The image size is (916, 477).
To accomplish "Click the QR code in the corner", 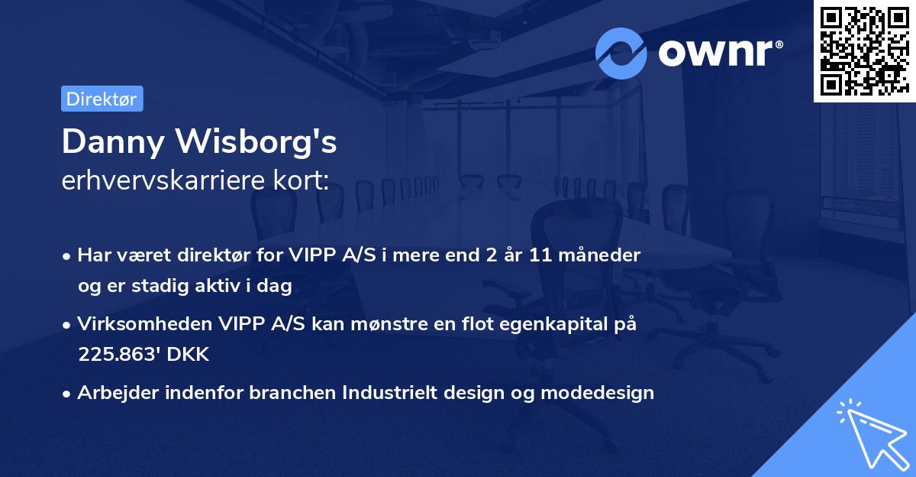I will click(x=864, y=50).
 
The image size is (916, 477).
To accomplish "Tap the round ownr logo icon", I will click(x=621, y=53).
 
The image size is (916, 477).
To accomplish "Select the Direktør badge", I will click(x=102, y=99).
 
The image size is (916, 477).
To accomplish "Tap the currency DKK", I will click(x=185, y=355).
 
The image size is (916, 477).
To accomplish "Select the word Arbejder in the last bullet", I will click(x=111, y=393).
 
